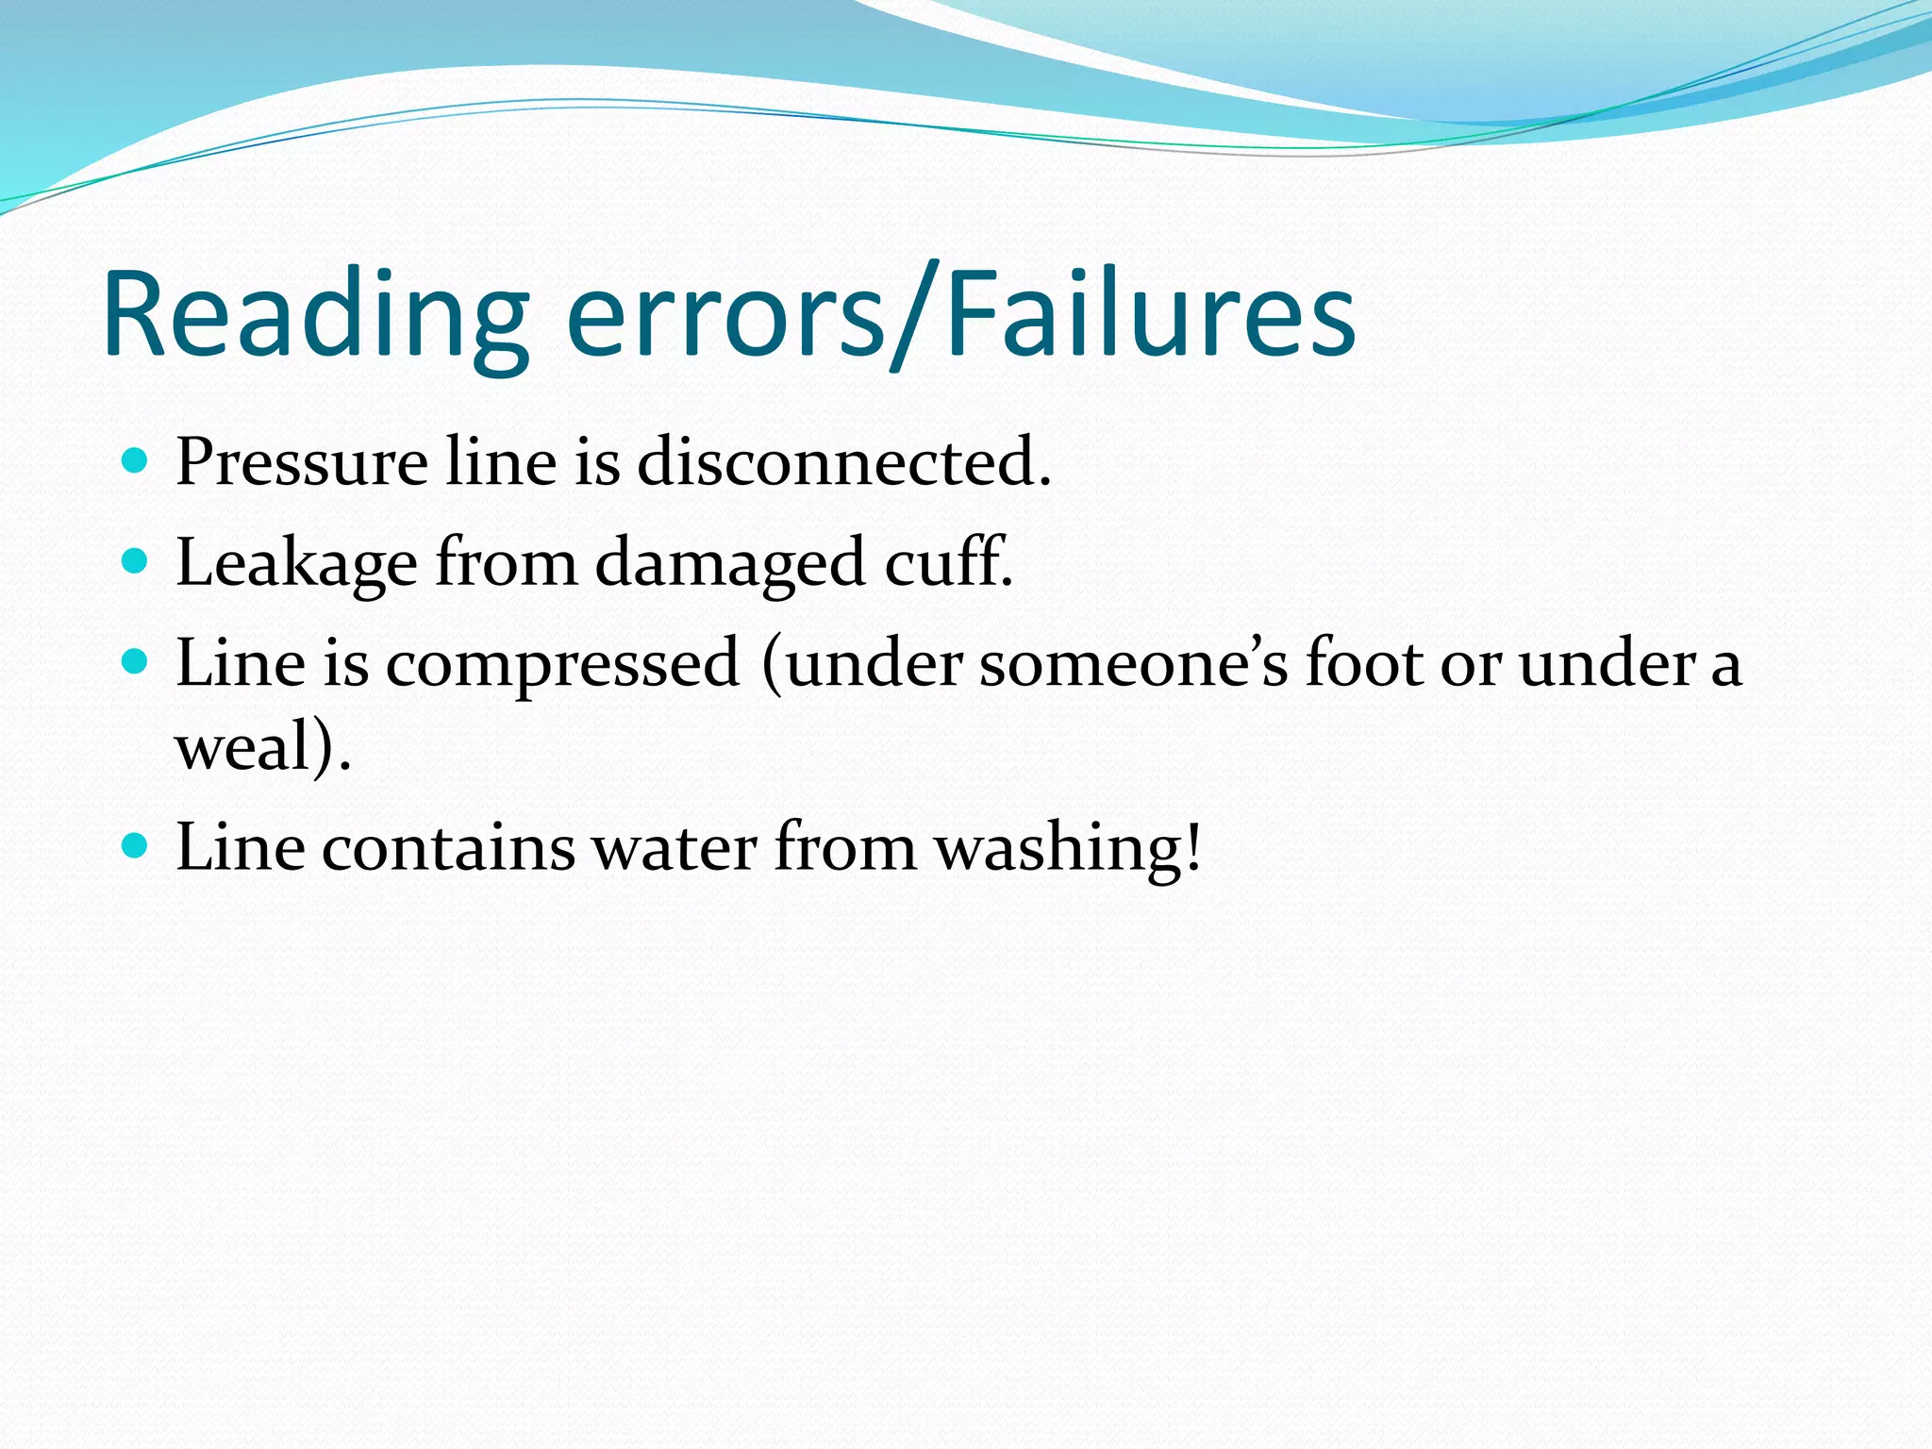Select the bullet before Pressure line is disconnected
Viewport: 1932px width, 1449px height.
(136, 461)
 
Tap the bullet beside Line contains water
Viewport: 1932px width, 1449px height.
(136, 845)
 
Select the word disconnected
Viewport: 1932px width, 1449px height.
(841, 463)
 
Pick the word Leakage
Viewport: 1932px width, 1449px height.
(296, 564)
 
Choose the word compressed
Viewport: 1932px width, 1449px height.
(563, 664)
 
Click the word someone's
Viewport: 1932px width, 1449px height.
(1133, 663)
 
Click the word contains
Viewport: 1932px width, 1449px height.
(448, 847)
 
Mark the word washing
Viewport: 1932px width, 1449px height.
(1058, 847)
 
